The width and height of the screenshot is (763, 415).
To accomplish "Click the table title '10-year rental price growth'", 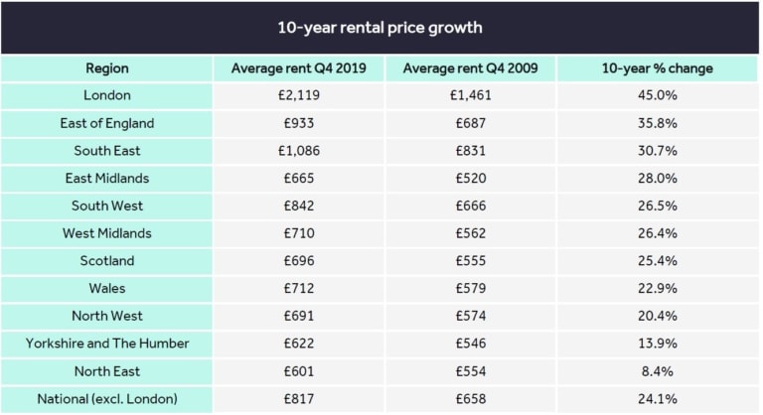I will click(x=381, y=27).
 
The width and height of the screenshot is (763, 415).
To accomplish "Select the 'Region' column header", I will click(x=106, y=69).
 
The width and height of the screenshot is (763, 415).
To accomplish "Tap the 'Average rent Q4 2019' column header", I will click(x=299, y=69).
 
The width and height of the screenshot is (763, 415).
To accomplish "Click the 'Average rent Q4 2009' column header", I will click(x=471, y=69).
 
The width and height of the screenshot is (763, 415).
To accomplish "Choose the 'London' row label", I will click(x=106, y=95).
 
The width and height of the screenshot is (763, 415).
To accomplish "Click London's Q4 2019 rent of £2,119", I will click(x=299, y=95).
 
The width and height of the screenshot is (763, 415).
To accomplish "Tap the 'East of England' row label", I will click(x=106, y=123).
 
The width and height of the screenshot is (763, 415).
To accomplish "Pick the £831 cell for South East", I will click(x=471, y=151).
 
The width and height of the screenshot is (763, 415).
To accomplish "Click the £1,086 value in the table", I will click(x=299, y=151).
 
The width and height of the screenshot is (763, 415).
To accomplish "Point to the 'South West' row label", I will click(x=106, y=206).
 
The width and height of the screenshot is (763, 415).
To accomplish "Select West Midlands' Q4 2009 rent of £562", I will click(x=471, y=233).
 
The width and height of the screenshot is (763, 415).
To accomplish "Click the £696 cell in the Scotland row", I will click(x=299, y=260).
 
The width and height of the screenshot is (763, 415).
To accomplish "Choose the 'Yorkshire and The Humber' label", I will click(x=106, y=343).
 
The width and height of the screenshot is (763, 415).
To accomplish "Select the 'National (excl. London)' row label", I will click(x=106, y=398).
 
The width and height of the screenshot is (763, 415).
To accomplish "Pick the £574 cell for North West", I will click(x=471, y=316).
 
